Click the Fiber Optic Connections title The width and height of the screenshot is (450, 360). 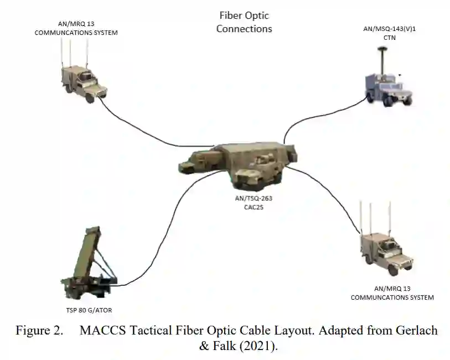pos(244,22)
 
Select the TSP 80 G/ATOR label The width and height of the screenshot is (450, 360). pos(89,310)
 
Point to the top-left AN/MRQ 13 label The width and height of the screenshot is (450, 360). pos(76,28)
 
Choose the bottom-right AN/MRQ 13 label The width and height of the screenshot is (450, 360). pos(392,293)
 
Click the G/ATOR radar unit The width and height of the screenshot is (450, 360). pos(89,260)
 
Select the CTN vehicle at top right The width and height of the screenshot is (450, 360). pos(388,86)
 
